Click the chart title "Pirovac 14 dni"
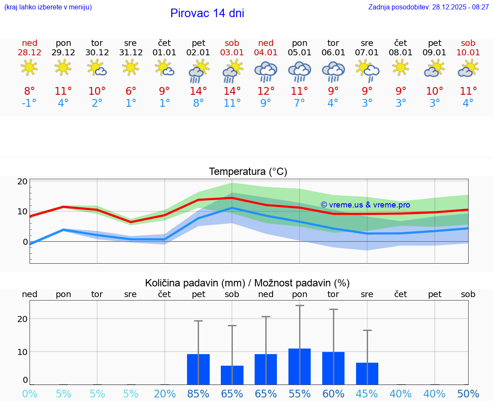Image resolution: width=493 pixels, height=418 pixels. click(x=207, y=13)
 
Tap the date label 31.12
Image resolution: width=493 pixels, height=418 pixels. click(x=131, y=52)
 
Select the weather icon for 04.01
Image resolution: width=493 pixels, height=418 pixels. click(x=266, y=71)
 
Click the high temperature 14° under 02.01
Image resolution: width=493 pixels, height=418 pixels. click(x=198, y=91)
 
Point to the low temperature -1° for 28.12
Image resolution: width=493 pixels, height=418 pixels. click(x=30, y=103)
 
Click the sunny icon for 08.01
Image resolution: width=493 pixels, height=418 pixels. click(x=401, y=68)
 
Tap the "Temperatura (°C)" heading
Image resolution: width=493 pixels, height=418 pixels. click(x=248, y=172)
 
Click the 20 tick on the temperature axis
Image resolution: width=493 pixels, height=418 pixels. click(x=22, y=181)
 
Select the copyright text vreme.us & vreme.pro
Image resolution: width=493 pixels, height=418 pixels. click(x=365, y=205)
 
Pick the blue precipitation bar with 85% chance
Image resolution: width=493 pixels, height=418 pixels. click(x=198, y=369)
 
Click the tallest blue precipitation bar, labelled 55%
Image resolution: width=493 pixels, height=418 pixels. click(x=300, y=367)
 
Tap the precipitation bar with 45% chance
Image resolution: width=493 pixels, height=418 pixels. click(x=367, y=373)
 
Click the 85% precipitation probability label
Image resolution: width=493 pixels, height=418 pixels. click(x=198, y=394)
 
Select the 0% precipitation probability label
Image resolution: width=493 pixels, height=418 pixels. click(x=30, y=394)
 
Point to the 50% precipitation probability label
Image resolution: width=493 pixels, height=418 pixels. click(x=468, y=394)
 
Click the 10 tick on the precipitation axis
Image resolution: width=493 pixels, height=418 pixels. click(x=22, y=352)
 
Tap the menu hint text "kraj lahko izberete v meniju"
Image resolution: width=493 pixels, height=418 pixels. click(x=48, y=7)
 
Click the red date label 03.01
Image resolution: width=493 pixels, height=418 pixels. click(x=232, y=52)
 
